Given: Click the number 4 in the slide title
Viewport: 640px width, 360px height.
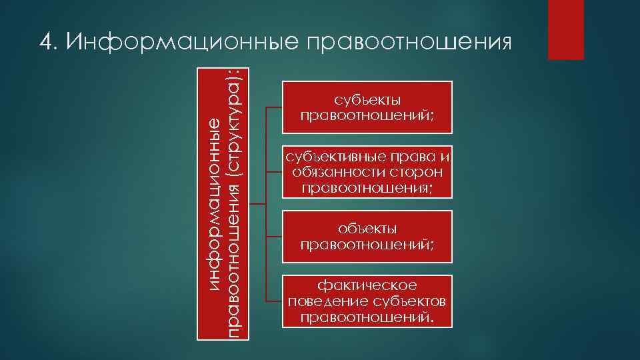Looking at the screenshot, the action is tap(45, 41).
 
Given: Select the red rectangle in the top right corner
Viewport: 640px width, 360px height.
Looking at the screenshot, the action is tap(565, 29).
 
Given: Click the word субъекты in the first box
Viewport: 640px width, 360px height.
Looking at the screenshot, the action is tap(367, 101).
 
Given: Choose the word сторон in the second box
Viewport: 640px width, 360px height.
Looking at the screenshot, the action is tap(419, 172).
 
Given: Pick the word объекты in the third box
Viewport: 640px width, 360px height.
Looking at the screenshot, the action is tap(367, 229).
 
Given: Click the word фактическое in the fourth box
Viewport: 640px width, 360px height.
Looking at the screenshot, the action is tap(367, 286).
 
